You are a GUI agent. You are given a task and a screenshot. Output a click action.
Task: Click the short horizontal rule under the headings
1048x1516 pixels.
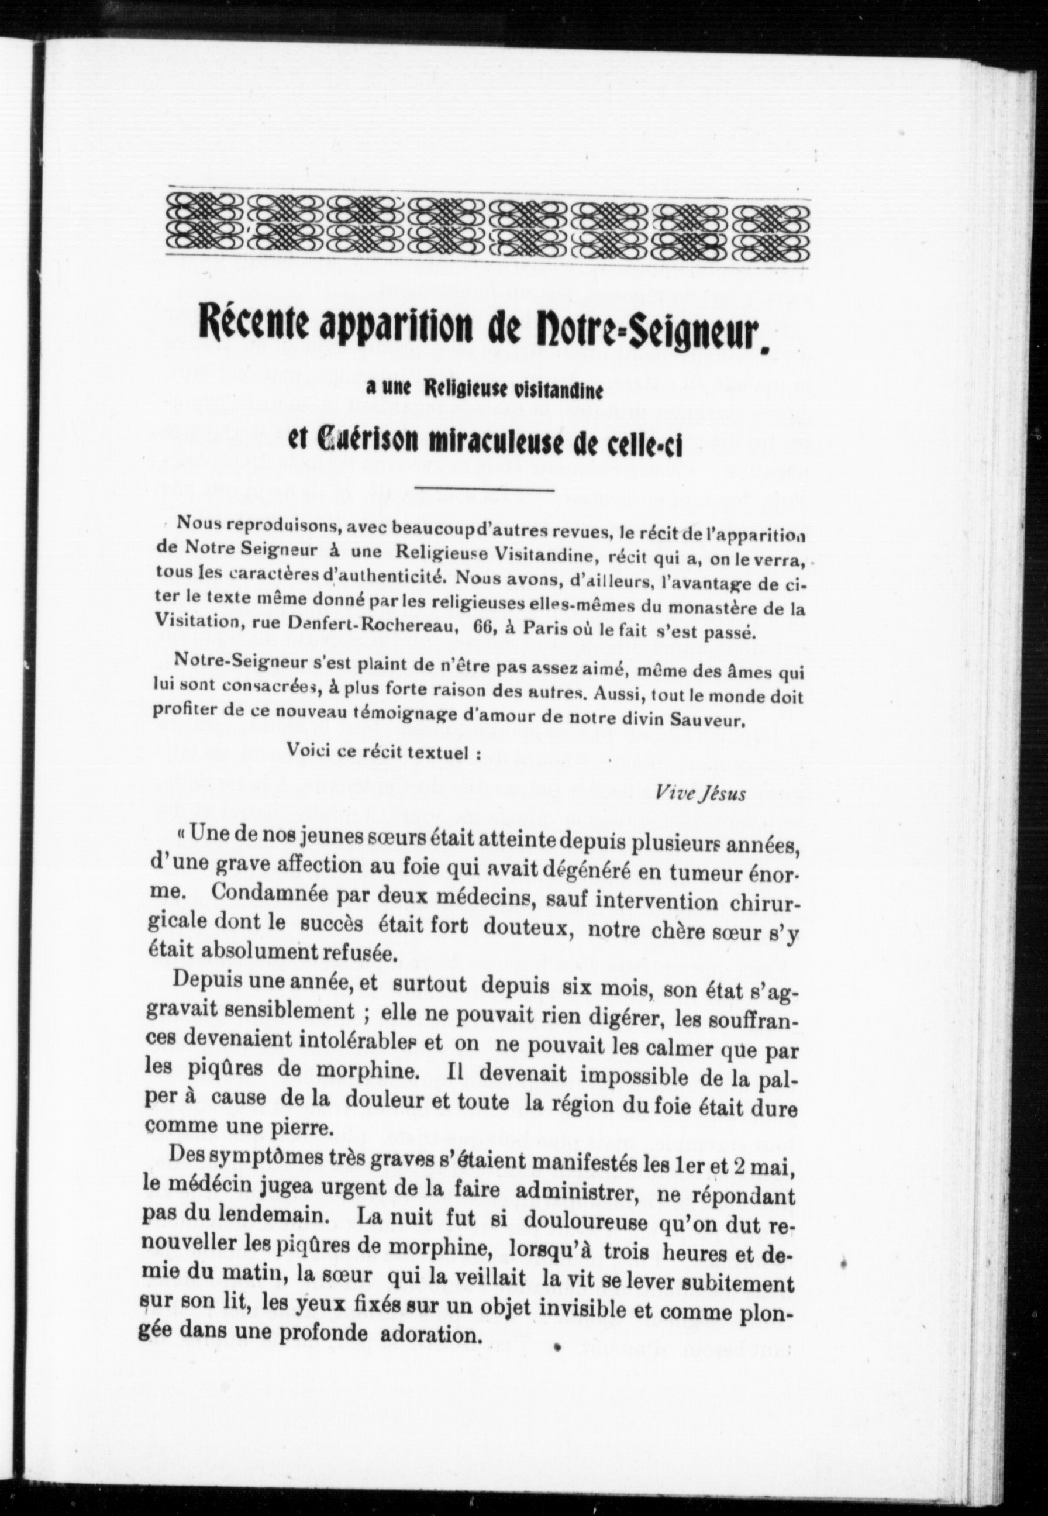tap(485, 489)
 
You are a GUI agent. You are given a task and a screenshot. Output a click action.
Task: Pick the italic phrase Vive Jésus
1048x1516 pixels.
tap(700, 794)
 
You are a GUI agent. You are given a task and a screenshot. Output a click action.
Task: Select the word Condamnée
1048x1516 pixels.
tap(274, 903)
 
